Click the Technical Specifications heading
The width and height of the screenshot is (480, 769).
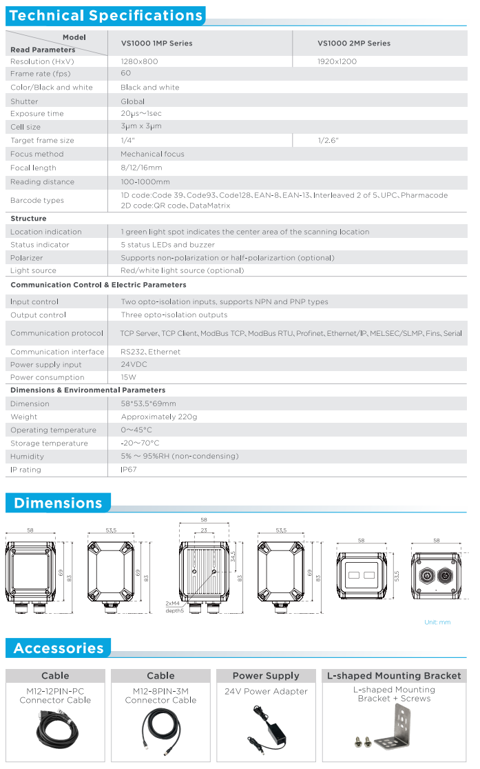(107, 15)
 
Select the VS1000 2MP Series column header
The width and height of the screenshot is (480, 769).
(353, 43)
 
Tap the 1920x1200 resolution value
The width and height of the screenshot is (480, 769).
(337, 61)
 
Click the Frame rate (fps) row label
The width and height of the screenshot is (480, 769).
(41, 74)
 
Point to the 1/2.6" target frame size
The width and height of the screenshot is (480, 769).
(328, 141)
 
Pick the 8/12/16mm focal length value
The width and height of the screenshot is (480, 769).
(141, 168)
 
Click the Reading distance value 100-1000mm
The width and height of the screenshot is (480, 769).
(145, 182)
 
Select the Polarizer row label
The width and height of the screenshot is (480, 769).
(28, 258)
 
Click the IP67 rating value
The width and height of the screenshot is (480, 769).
(129, 470)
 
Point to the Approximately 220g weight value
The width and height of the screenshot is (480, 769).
(159, 417)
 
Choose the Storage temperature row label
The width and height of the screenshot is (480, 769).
(49, 443)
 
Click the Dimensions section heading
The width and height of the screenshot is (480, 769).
(58, 503)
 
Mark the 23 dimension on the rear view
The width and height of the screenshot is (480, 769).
(204, 530)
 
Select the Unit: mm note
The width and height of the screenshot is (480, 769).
(437, 622)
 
